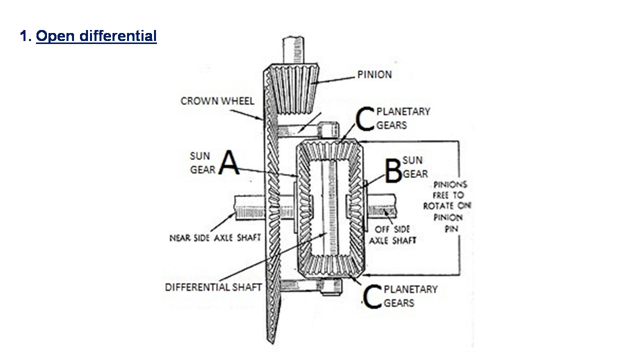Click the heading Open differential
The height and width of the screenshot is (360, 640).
(x=96, y=36)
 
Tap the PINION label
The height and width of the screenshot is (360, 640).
(x=374, y=75)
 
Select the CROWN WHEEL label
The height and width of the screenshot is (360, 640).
(x=217, y=101)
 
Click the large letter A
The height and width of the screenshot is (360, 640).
(x=229, y=164)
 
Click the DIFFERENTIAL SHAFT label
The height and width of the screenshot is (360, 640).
(x=213, y=287)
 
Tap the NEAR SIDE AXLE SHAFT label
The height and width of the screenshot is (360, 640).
(x=215, y=238)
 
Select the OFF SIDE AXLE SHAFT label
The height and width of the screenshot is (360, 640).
(x=392, y=234)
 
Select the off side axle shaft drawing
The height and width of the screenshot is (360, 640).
(x=382, y=205)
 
